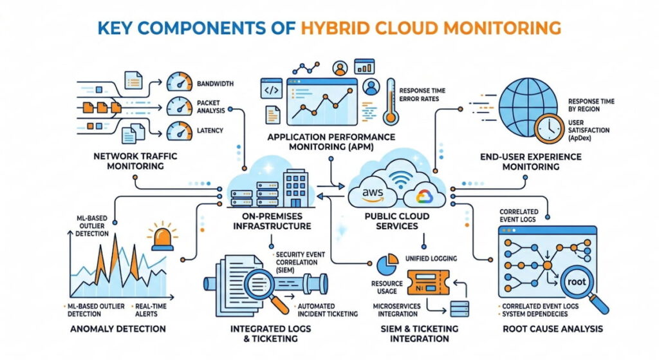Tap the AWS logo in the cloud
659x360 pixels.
pos(373,194)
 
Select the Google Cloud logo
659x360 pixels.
pos(424,196)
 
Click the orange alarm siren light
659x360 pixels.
pos(162,238)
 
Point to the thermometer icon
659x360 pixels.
pos(391,101)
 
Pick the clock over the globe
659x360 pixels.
pos(550,128)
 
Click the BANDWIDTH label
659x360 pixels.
pos(215,84)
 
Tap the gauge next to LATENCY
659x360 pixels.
pos(180,131)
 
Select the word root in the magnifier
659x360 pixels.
pos(576,282)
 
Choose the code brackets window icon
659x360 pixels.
pos(271,89)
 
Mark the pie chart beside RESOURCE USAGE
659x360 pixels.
pos(387,263)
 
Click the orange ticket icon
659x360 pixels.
pos(428,283)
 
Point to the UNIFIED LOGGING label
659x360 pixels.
pos(431,259)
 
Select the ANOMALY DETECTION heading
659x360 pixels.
pos(118,329)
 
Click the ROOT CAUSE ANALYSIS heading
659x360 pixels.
pos(553,329)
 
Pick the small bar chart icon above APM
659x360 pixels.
pos(364,66)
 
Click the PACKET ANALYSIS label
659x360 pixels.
pos(210,106)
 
